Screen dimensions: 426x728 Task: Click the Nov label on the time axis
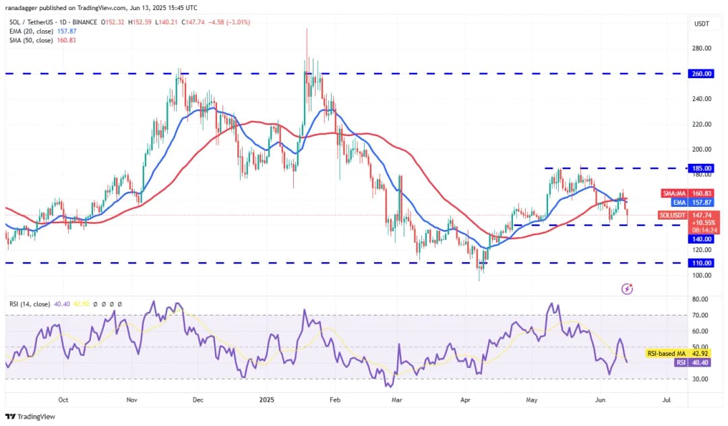pos(132,399)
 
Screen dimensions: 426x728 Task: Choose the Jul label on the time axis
pos(667,399)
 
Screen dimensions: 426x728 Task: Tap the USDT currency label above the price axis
pos(702,24)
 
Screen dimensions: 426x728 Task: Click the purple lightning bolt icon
pos(627,288)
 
